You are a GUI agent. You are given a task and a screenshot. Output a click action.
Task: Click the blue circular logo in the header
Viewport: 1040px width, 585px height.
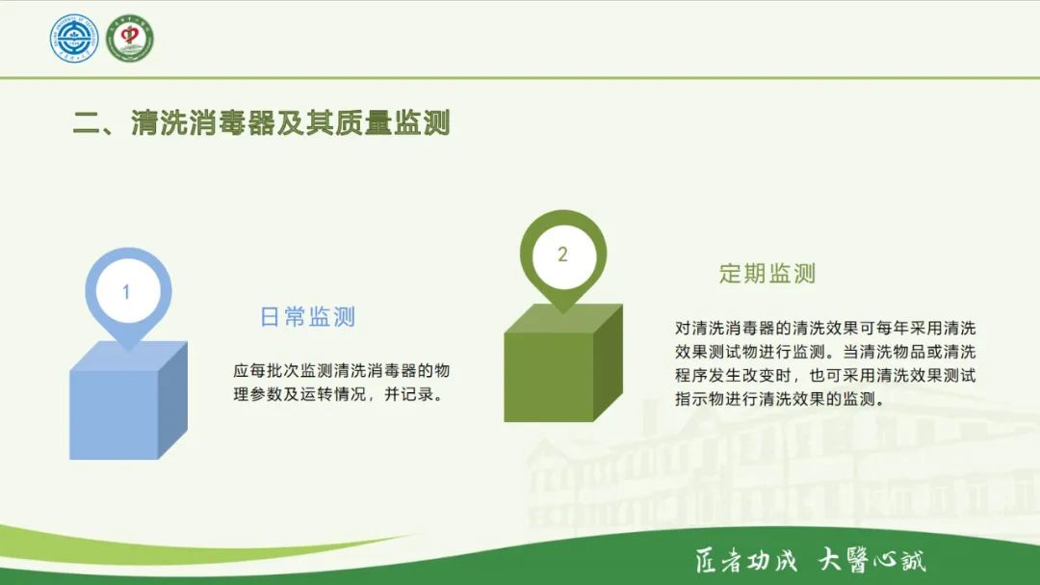point(74,39)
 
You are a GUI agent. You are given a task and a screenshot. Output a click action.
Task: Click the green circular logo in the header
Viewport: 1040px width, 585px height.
point(130,39)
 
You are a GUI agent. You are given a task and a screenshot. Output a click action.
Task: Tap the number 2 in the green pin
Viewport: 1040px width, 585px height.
point(562,255)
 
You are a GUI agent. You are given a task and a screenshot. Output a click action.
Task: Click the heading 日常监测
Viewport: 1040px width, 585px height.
point(308,317)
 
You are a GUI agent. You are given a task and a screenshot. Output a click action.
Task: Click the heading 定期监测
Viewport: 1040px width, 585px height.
point(767,274)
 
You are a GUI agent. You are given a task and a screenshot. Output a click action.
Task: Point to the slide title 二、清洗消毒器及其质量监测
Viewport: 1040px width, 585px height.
point(262,123)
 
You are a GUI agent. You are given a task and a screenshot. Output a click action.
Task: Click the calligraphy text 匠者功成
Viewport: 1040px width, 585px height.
point(746,560)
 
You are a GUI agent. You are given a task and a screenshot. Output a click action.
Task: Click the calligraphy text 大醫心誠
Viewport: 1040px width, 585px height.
point(871,560)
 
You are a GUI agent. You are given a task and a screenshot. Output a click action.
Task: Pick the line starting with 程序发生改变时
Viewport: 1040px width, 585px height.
point(825,376)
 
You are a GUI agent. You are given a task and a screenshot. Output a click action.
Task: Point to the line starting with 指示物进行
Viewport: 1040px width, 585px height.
point(779,400)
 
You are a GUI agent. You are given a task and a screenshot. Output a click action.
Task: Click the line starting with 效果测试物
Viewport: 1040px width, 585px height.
point(825,351)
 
